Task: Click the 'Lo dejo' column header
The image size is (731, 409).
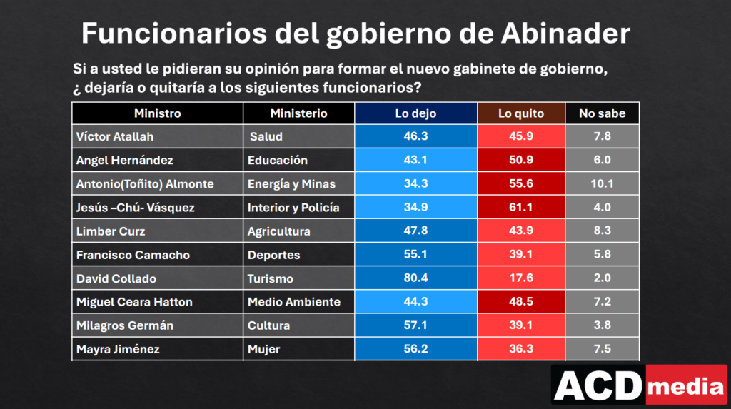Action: coord(415,113)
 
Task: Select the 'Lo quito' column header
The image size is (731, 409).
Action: coord(520,113)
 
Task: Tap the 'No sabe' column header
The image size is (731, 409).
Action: coord(602,113)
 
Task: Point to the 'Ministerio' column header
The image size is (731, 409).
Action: coord(298,113)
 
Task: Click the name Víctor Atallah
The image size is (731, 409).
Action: coord(115,136)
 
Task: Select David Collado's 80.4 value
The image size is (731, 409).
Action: coord(415,278)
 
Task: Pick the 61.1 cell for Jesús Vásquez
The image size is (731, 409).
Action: coord(520,207)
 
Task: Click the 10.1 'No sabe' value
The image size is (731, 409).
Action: coord(602,183)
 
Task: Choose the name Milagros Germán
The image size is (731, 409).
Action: coord(124,325)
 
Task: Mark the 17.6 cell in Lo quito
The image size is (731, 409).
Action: coord(520,278)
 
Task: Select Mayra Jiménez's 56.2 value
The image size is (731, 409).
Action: coord(415,349)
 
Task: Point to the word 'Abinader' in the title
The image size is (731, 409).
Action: coord(565,33)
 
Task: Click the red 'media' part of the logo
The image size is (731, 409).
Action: coord(686,385)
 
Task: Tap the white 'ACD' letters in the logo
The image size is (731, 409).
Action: coord(598,385)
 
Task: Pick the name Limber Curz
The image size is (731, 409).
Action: coord(111,231)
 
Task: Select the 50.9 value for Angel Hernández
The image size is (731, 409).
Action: coord(520,160)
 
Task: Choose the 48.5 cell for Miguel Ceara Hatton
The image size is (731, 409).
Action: coord(520,301)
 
